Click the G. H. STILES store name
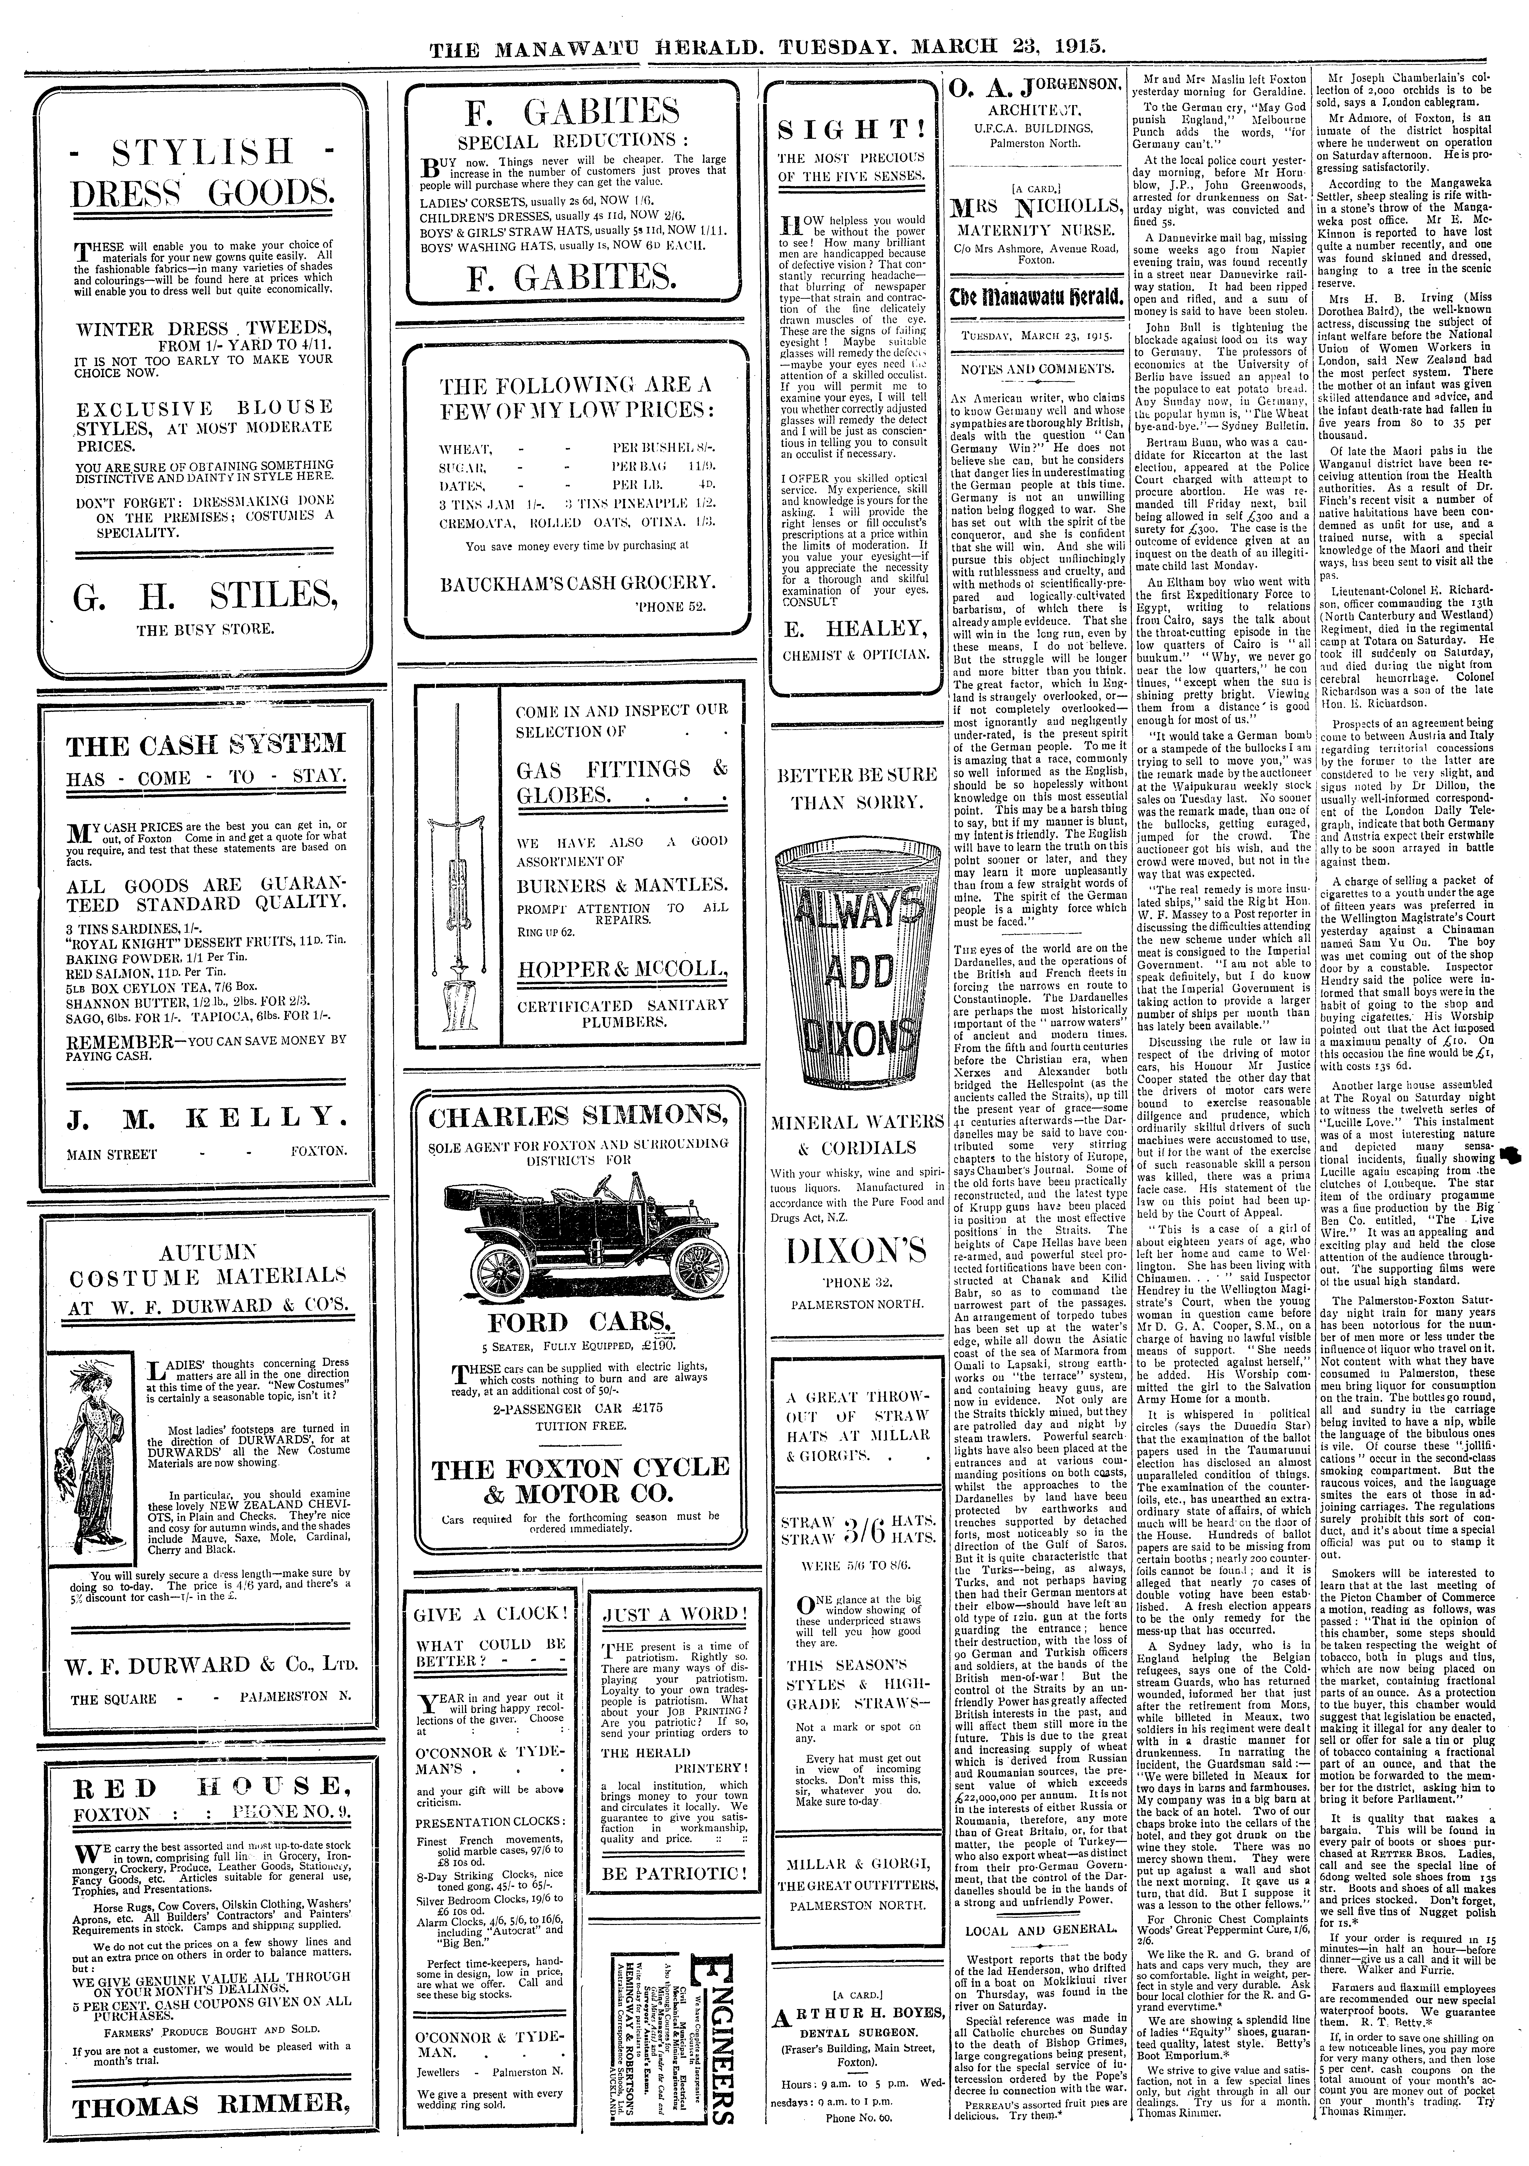(204, 596)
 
